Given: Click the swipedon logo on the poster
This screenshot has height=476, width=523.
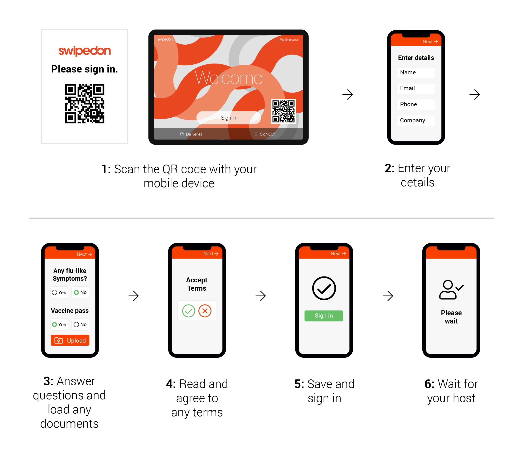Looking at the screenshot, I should point(85,51).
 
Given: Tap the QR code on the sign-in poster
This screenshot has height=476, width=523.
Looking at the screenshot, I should point(85,104).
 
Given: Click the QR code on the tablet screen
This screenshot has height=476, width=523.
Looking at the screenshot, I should point(283,111).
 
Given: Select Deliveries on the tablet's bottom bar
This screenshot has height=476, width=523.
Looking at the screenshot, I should point(191,134).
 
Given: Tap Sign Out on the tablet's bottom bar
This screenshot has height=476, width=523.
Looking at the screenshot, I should point(265,134).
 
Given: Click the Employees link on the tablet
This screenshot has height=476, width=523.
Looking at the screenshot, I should point(289,40).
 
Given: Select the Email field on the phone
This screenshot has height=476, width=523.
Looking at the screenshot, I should point(416,88).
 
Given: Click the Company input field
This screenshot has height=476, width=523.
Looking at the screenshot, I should point(416,121).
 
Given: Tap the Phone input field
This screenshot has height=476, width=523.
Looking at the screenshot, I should point(416,104).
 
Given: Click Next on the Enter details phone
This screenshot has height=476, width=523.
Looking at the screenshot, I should point(430,42).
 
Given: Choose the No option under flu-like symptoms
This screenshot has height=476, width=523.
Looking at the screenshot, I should point(80,293).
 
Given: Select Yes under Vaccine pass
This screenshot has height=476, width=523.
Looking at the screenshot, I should point(59,324).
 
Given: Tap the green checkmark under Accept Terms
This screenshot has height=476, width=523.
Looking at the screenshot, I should point(189,311).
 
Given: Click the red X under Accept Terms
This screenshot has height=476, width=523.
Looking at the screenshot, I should point(205,311).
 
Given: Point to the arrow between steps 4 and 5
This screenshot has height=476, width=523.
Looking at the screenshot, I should point(261,296).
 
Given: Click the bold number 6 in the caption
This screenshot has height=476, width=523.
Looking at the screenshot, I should point(429,384).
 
